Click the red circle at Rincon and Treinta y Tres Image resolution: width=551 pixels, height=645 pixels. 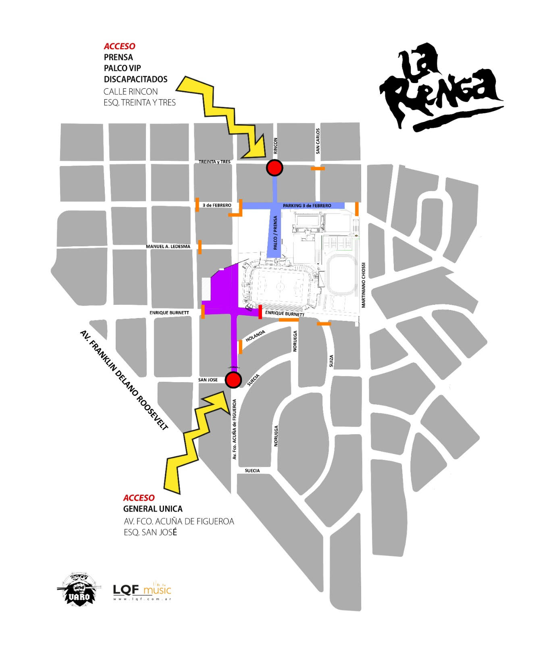click(x=274, y=168)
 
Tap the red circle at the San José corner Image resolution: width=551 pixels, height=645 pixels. click(x=233, y=380)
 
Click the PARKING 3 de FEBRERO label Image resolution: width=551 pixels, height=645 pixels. click(x=307, y=206)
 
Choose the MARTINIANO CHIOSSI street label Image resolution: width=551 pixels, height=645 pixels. click(x=363, y=285)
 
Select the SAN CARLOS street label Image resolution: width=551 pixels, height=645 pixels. click(x=318, y=141)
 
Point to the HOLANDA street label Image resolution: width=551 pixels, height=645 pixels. click(x=255, y=336)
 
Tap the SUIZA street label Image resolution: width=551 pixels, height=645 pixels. click(x=331, y=361)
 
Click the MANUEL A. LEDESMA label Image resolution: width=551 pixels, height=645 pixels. click(x=168, y=246)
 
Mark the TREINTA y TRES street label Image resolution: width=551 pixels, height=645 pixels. click(x=214, y=162)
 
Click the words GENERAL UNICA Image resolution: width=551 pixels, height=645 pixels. click(x=153, y=509)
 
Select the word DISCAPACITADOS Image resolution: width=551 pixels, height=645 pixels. click(x=135, y=79)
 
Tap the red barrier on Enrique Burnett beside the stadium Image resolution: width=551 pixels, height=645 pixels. click(x=260, y=312)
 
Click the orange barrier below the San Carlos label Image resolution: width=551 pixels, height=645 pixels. click(x=318, y=169)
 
